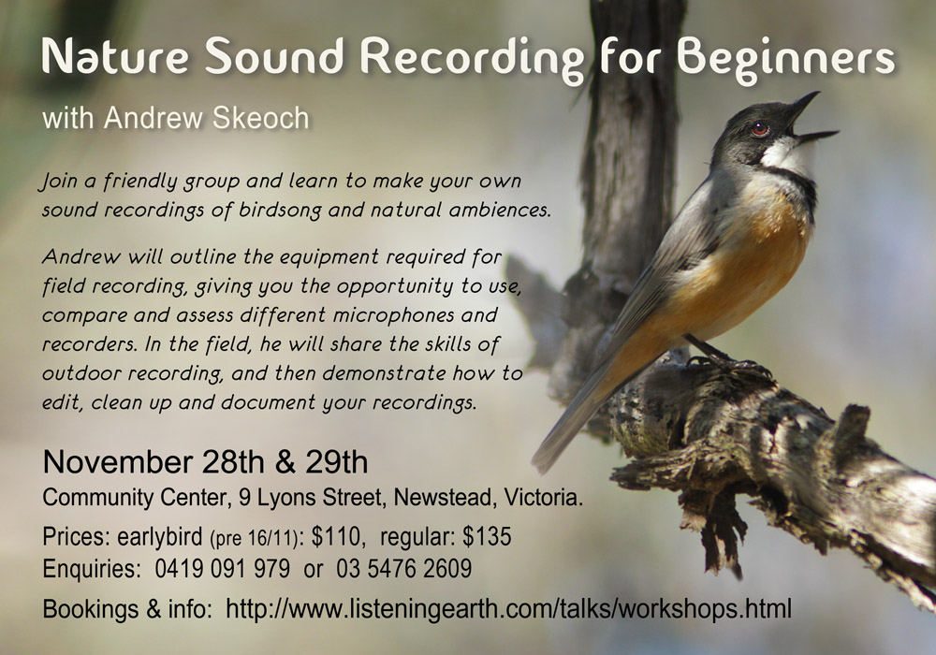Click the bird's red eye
pos(759,128)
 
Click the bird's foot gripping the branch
pos(716,359)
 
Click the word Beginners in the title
pos(786,58)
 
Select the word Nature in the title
pos(115,56)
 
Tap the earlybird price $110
pos(336,537)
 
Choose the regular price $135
pos(487,537)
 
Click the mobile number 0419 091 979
pos(223,569)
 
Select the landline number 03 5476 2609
pos(404,569)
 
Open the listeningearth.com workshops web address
pos(509,609)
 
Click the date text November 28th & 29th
pos(205,461)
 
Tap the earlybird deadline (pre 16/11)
pos(255,539)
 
